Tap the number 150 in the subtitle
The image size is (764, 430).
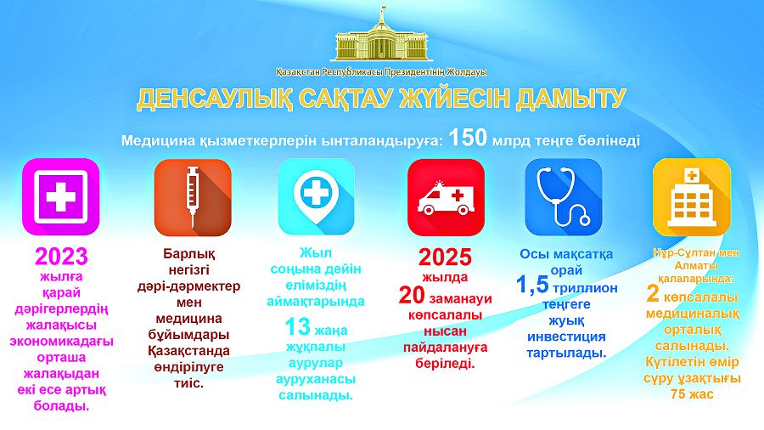[468, 138]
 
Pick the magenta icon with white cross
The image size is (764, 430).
[61, 196]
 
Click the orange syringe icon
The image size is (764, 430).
[193, 197]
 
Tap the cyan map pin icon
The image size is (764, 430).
[317, 196]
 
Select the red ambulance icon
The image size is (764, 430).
[446, 197]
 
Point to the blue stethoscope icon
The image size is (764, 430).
[564, 197]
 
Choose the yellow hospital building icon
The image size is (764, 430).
[692, 197]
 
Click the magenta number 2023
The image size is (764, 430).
[61, 257]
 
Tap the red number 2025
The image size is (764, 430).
[445, 257]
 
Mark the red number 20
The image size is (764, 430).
[412, 296]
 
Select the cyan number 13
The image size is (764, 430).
[297, 327]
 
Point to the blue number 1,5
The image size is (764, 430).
[532, 286]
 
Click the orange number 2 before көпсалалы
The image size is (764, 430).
[653, 294]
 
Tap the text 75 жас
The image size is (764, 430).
[692, 394]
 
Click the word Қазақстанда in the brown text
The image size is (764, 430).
[189, 351]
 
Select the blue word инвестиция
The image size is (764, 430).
[567, 337]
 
